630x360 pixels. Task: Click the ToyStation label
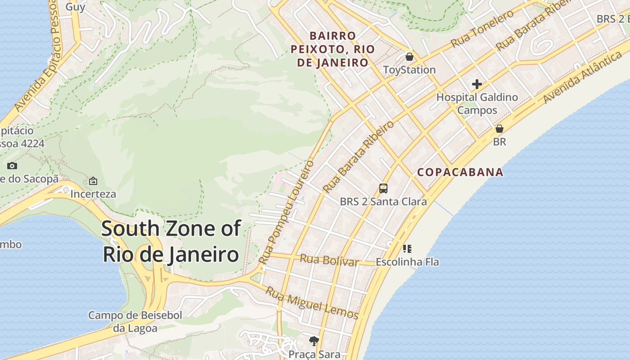[409, 70]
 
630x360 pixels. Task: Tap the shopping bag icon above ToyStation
[409, 57]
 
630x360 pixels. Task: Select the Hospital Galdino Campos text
[477, 103]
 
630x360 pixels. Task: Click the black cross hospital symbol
[477, 84]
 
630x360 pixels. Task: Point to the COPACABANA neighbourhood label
[460, 172]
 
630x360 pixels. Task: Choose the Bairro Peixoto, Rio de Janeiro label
[333, 49]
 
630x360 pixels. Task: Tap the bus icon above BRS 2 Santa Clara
[383, 189]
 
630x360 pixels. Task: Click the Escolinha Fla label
[407, 262]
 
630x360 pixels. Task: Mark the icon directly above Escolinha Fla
[407, 249]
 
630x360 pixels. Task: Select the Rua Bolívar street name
[329, 260]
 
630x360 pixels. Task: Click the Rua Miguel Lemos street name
[311, 303]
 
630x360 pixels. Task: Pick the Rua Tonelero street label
[482, 29]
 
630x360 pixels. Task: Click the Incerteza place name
[93, 194]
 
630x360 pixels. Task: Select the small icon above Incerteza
[93, 181]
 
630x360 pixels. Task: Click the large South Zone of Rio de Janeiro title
[171, 241]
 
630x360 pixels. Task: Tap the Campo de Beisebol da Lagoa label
[135, 322]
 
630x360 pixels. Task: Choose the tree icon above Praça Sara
[314, 341]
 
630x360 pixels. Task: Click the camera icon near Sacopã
[12, 166]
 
